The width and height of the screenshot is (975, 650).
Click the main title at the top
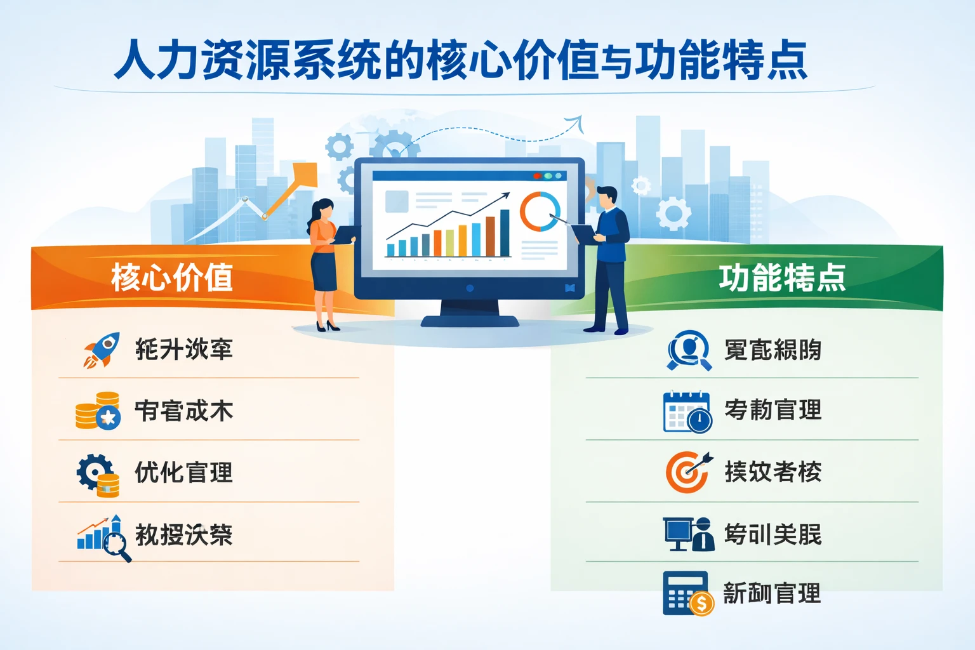[461, 60]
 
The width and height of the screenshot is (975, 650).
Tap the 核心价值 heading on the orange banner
[172, 277]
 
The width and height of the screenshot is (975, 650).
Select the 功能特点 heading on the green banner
[782, 277]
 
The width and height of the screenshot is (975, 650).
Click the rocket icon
[102, 350]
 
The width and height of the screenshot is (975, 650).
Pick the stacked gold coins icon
[98, 411]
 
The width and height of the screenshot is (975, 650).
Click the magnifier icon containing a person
[688, 350]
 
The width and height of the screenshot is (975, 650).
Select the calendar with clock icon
[687, 412]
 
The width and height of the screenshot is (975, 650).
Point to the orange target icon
[687, 472]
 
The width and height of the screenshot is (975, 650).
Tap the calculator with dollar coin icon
[687, 594]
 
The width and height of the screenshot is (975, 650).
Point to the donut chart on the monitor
[540, 211]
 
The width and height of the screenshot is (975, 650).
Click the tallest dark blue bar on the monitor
[505, 232]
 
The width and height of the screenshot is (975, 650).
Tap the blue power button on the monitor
[470, 288]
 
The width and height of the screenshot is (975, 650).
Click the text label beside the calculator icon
[773, 594]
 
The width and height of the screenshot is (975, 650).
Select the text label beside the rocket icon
[184, 350]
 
